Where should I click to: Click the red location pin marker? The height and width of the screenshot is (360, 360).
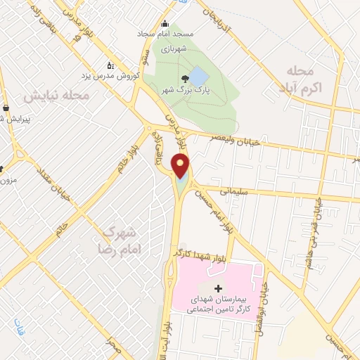coord(181,166)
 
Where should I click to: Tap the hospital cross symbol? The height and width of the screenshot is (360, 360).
coord(218,288)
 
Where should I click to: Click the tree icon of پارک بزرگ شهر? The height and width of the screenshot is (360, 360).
coord(185,79)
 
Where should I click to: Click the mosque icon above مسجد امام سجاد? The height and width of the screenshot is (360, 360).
coord(165,23)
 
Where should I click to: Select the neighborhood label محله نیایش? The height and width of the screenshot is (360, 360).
coord(56,94)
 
